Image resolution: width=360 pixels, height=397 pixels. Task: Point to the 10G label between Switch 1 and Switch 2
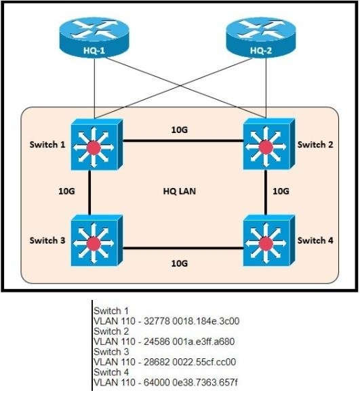(180, 129)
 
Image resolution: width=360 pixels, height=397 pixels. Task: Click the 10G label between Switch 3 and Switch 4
(180, 262)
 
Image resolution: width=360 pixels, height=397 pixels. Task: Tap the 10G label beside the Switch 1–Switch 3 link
(66, 192)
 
